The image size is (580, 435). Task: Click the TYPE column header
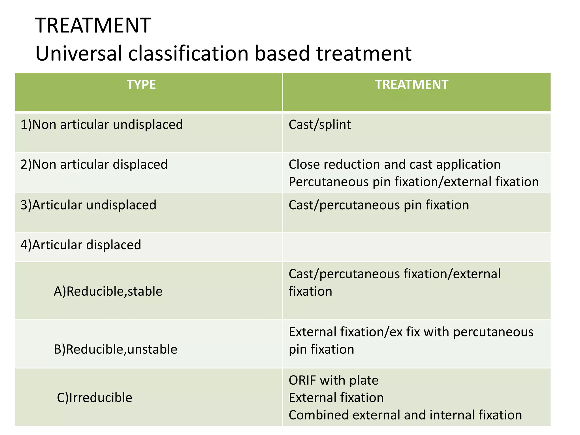point(141,85)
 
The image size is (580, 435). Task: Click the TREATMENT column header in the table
point(411,85)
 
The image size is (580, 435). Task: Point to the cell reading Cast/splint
point(320,125)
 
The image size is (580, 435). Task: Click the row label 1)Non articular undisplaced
point(102,125)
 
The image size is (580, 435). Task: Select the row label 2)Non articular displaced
point(94,165)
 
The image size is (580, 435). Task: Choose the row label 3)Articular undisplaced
point(88,205)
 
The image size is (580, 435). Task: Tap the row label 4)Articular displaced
point(81,245)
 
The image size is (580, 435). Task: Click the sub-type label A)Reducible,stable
point(108,291)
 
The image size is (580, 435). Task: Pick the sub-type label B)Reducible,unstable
point(116,349)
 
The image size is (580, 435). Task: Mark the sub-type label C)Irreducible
point(95,398)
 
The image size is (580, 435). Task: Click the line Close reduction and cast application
point(395,165)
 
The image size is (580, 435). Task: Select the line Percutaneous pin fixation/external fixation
point(413,182)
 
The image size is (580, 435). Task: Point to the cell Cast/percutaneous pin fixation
point(379,205)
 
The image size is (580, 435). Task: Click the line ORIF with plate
point(333,380)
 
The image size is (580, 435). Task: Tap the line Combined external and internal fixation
point(405,415)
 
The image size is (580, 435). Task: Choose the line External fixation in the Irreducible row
point(336,398)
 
